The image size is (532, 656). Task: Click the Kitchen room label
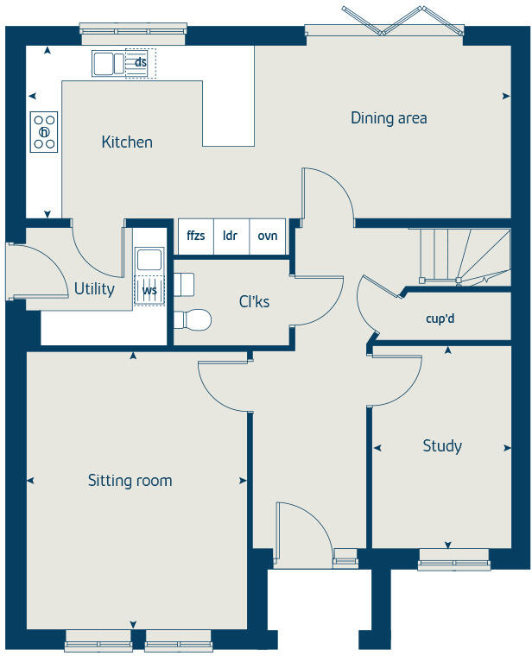(x=127, y=142)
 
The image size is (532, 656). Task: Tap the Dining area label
(x=389, y=118)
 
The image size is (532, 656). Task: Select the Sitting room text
(x=130, y=481)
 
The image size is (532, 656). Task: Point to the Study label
(x=441, y=446)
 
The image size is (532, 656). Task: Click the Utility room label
(x=94, y=289)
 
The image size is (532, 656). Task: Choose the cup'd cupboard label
(x=440, y=318)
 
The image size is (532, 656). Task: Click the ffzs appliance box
(x=195, y=236)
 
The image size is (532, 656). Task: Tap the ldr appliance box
(x=231, y=236)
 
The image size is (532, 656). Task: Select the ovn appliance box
(x=268, y=236)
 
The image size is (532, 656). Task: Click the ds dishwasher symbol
(x=140, y=63)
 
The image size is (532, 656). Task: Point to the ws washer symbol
(x=149, y=290)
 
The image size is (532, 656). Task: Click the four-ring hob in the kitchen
(x=44, y=132)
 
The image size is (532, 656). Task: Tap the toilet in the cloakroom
(x=194, y=320)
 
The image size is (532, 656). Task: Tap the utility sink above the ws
(x=149, y=259)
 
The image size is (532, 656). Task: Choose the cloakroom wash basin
(x=184, y=282)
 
